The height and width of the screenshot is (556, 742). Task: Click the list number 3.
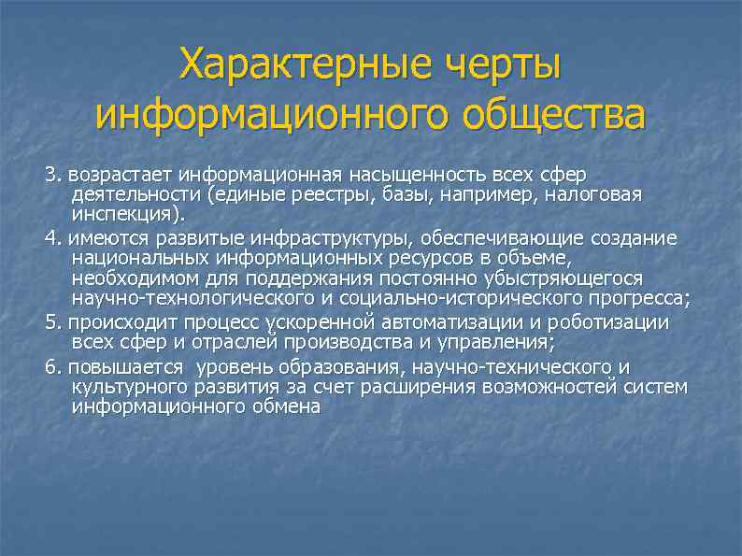(x=50, y=175)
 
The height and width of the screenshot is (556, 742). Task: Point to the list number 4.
(x=50, y=237)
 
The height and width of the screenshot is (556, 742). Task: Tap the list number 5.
(x=50, y=322)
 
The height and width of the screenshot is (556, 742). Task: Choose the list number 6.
(x=50, y=365)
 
